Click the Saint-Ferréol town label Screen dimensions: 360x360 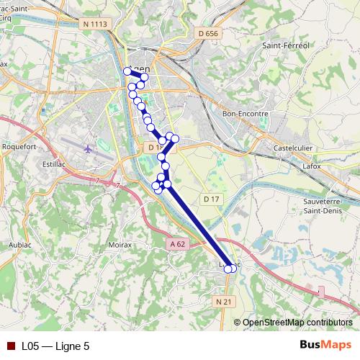[286, 45]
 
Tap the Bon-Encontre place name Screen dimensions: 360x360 [246, 113]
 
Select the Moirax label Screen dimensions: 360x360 [119, 245]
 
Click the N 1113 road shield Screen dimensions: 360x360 [95, 24]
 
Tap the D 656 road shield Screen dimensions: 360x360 [207, 33]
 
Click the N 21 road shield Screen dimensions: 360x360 [225, 302]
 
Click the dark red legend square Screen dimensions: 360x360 [11, 346]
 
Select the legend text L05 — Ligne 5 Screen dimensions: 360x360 [55, 346]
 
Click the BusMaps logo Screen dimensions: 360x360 [325, 345]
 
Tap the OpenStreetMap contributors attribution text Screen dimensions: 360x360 [297, 322]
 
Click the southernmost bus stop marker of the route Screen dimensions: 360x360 [229, 269]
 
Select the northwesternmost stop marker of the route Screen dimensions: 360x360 [127, 71]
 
